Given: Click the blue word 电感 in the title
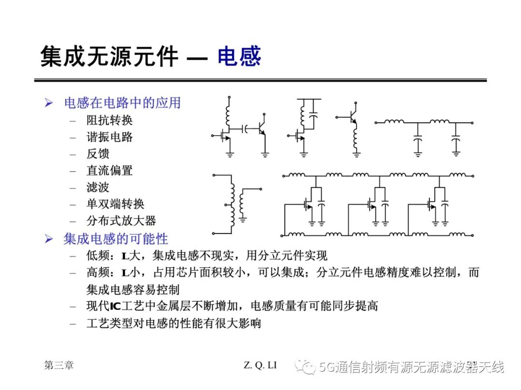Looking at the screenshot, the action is pos(239,56).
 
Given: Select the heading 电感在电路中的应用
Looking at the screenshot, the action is pos(122,103).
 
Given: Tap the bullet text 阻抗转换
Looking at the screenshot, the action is pos(110,120).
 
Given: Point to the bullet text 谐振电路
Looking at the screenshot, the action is pos(110,137).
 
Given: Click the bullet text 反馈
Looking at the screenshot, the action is pos(97,154).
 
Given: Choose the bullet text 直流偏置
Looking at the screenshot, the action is pos(110,170).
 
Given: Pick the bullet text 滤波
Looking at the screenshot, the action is pos(97,187).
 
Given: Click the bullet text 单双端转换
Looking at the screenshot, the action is pos(115,204).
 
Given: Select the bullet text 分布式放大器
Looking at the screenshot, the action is pos(121,221).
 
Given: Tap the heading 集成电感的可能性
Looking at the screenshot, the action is pos(116,239).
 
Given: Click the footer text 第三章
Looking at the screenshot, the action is pos(59,365).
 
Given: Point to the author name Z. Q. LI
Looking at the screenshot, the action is pos(260,365).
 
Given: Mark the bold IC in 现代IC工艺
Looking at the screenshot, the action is pos(115,306).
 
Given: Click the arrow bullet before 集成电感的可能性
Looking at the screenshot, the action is pos(49,239).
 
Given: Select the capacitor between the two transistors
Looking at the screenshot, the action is pos(246,129).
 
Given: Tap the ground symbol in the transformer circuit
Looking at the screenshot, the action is pos(243,219).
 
